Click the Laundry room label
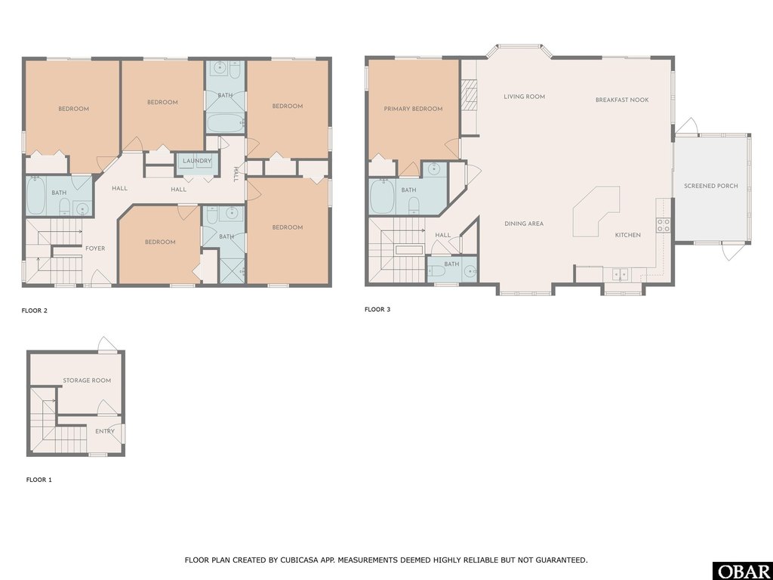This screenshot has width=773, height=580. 197,161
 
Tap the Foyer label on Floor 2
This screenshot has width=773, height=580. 95,248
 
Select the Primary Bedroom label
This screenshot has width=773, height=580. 413,109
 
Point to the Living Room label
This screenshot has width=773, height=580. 525,97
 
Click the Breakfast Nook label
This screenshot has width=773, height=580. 621,100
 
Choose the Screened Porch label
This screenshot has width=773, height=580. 710,186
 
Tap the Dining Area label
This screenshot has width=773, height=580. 524,224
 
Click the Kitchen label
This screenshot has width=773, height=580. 627,235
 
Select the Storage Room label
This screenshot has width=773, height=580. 87,381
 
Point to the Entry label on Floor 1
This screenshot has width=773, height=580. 105,431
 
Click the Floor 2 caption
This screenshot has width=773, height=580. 35,310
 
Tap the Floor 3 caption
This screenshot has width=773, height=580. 377,310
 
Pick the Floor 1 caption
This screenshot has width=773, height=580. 39,480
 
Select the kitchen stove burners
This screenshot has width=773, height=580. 664,224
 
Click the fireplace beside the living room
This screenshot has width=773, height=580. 469,97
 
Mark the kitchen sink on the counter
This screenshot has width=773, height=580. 621,273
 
